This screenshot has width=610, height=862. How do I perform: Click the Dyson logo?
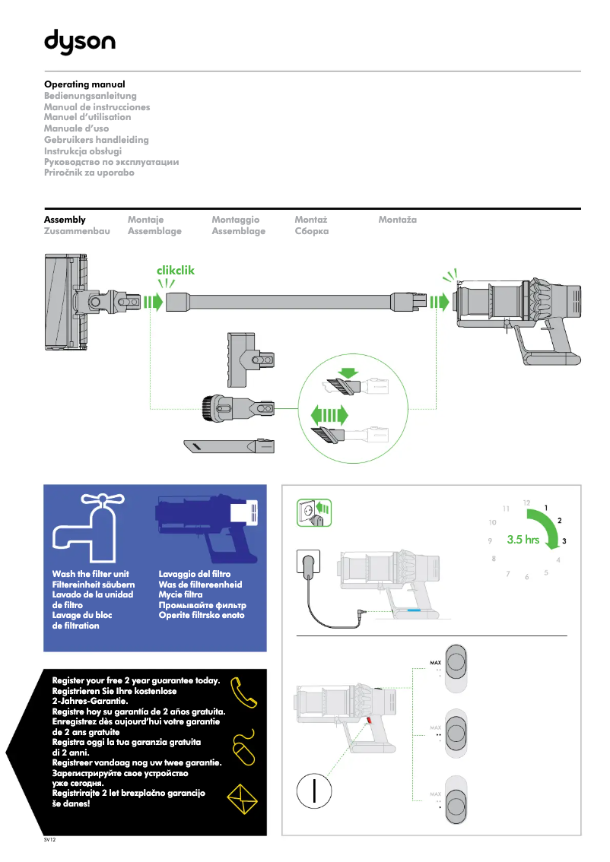[x=79, y=41]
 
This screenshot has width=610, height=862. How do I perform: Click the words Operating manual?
[x=84, y=84]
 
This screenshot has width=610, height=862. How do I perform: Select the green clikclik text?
[x=176, y=270]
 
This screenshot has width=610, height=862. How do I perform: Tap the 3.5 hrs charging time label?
[x=523, y=540]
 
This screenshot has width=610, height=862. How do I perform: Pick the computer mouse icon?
[x=243, y=746]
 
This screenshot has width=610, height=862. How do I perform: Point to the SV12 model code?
[x=50, y=841]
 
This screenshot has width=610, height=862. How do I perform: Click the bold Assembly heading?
[x=65, y=220]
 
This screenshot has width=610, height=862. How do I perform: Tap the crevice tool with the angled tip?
[x=227, y=446]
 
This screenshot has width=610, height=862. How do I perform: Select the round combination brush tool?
[x=236, y=408]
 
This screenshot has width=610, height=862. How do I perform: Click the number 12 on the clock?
[x=526, y=502]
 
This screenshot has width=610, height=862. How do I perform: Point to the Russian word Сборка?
[x=312, y=231]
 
